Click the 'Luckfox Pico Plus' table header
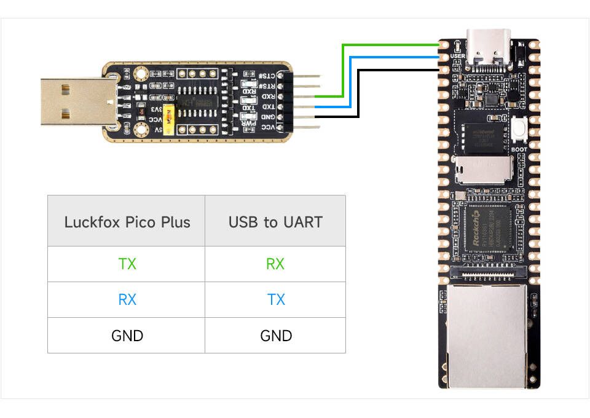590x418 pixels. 127,222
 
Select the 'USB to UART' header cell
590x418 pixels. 275,222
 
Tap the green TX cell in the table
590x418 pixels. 127,264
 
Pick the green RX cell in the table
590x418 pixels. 275,264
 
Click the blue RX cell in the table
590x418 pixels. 127,300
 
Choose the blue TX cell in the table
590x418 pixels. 275,300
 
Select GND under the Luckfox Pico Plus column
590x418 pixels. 127,336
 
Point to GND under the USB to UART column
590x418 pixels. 275,336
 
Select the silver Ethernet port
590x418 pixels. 488,335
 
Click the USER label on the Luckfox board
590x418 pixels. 457,56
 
